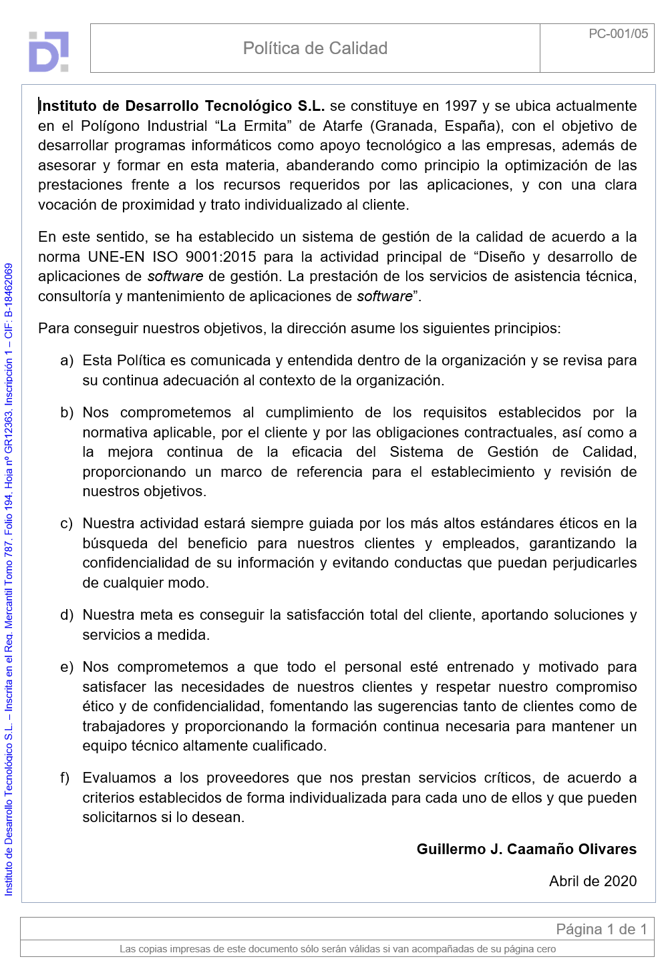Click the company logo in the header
[49, 51]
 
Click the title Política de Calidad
[315, 48]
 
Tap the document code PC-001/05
[618, 33]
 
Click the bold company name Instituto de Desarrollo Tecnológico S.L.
[182, 106]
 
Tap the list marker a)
[67, 361]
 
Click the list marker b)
[67, 413]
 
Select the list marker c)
[67, 524]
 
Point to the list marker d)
[67, 615]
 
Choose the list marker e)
[67, 667]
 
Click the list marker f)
[65, 778]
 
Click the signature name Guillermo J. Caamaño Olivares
[526, 849]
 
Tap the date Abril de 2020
[593, 882]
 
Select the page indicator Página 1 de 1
[601, 929]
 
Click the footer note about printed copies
[337, 949]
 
